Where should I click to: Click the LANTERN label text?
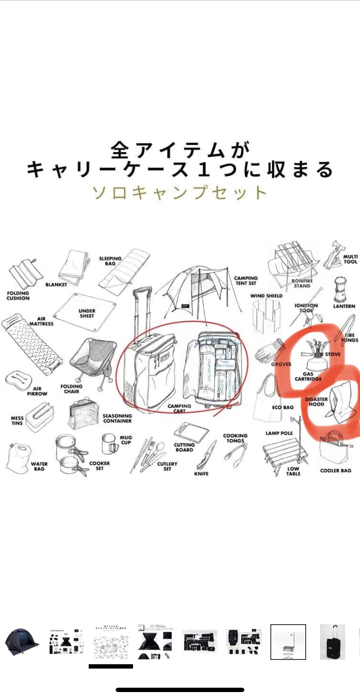(344, 306)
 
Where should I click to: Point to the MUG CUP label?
(126, 440)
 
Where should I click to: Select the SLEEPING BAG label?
(110, 261)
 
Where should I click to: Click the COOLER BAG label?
(335, 470)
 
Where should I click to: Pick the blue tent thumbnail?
(22, 642)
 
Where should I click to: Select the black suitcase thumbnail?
(333, 642)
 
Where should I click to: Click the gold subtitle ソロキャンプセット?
(179, 192)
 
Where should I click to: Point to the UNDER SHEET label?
(87, 313)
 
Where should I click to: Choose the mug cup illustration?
(109, 444)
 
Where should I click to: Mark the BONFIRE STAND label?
(302, 283)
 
